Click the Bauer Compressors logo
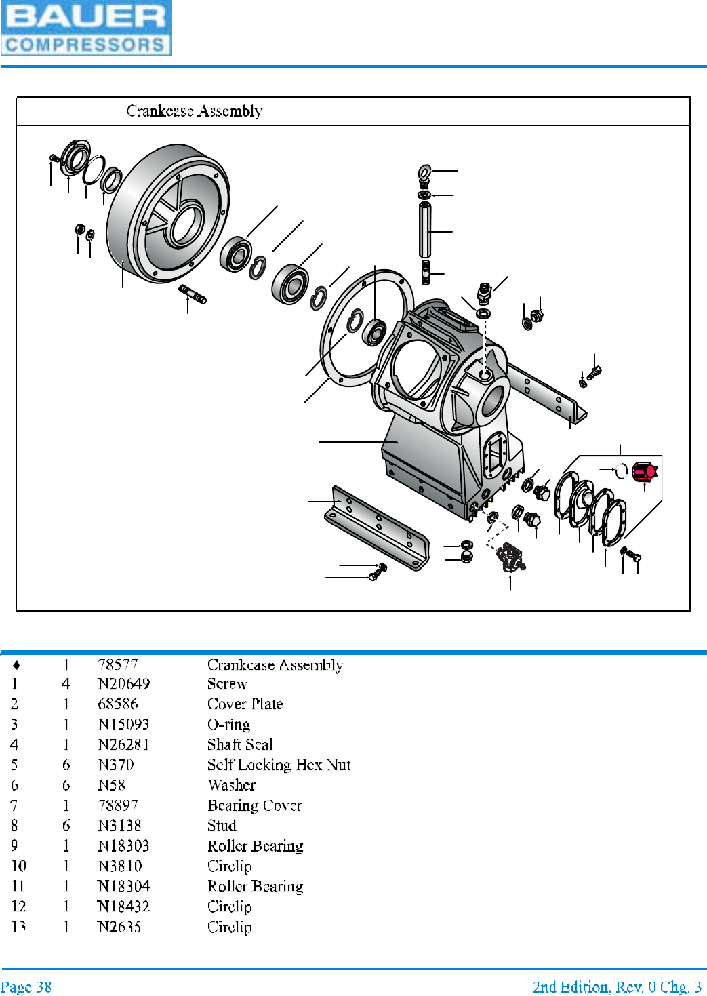(86, 28)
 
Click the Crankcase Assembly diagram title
(195, 111)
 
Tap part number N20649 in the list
(123, 683)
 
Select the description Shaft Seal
(240, 744)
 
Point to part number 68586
(117, 704)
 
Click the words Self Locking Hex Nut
(279, 765)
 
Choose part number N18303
(123, 845)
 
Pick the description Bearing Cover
(254, 805)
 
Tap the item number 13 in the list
(18, 926)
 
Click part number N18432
(123, 907)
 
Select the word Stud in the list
(222, 826)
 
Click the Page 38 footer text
(26, 987)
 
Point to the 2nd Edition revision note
(617, 987)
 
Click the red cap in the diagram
(643, 471)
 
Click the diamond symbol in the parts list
(16, 664)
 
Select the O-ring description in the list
(228, 724)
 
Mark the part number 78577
(117, 664)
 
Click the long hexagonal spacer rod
(425, 230)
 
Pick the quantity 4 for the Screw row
(66, 683)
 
